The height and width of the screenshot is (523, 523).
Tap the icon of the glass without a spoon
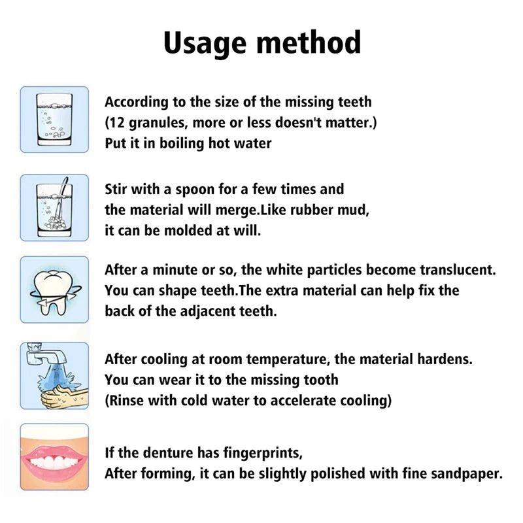[x=54, y=119]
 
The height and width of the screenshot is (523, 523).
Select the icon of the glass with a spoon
[x=54, y=208]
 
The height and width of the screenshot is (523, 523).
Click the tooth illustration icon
[x=54, y=290]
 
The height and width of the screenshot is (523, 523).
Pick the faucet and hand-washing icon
[x=54, y=375]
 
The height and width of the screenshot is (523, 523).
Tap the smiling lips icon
[x=54, y=456]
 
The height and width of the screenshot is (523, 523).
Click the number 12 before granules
[x=118, y=122]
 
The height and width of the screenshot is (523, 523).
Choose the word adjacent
[x=204, y=311]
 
